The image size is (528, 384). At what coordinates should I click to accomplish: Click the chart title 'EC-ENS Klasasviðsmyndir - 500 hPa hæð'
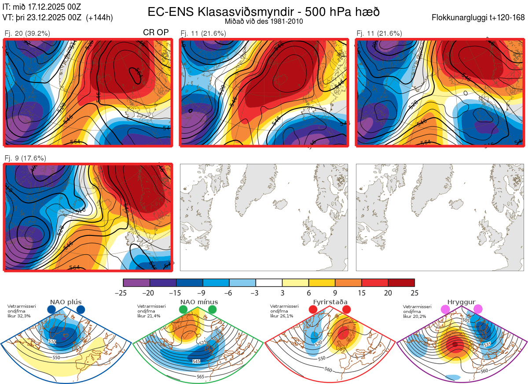tap(264, 11)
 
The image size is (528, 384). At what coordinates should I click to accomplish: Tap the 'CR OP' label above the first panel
tap(156, 33)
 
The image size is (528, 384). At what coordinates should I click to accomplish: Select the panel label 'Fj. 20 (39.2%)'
tap(27, 33)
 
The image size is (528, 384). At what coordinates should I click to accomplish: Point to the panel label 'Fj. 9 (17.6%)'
tap(25, 158)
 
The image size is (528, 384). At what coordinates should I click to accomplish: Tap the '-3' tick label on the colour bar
tap(256, 293)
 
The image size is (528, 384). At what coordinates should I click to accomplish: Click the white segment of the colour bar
tap(269, 283)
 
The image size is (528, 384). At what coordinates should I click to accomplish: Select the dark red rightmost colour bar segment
tap(401, 283)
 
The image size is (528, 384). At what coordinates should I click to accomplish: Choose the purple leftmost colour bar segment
tap(136, 283)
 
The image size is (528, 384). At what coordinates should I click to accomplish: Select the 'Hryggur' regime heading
tap(462, 302)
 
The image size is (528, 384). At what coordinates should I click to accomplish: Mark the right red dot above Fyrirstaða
tap(346, 309)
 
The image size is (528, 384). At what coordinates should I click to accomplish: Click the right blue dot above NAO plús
tap(81, 309)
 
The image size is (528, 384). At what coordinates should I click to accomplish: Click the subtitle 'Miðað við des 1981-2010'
tap(264, 21)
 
